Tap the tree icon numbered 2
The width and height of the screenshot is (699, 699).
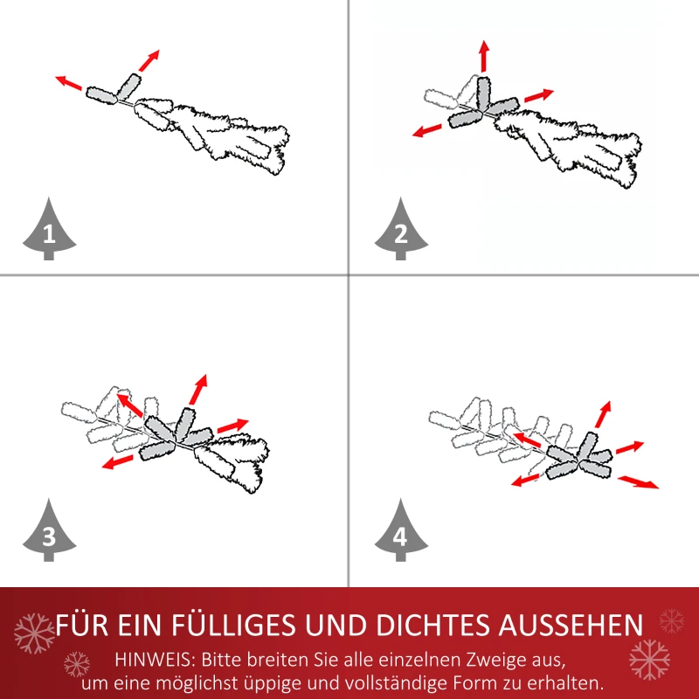tap(401, 232)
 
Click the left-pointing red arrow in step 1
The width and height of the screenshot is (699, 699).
tap(69, 83)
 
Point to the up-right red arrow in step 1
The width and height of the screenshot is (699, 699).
tap(149, 60)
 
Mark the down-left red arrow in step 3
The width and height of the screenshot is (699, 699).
tap(117, 460)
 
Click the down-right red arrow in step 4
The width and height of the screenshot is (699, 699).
tap(638, 481)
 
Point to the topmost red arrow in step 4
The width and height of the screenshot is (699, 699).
tap(602, 414)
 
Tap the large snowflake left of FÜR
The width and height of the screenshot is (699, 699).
tap(34, 632)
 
